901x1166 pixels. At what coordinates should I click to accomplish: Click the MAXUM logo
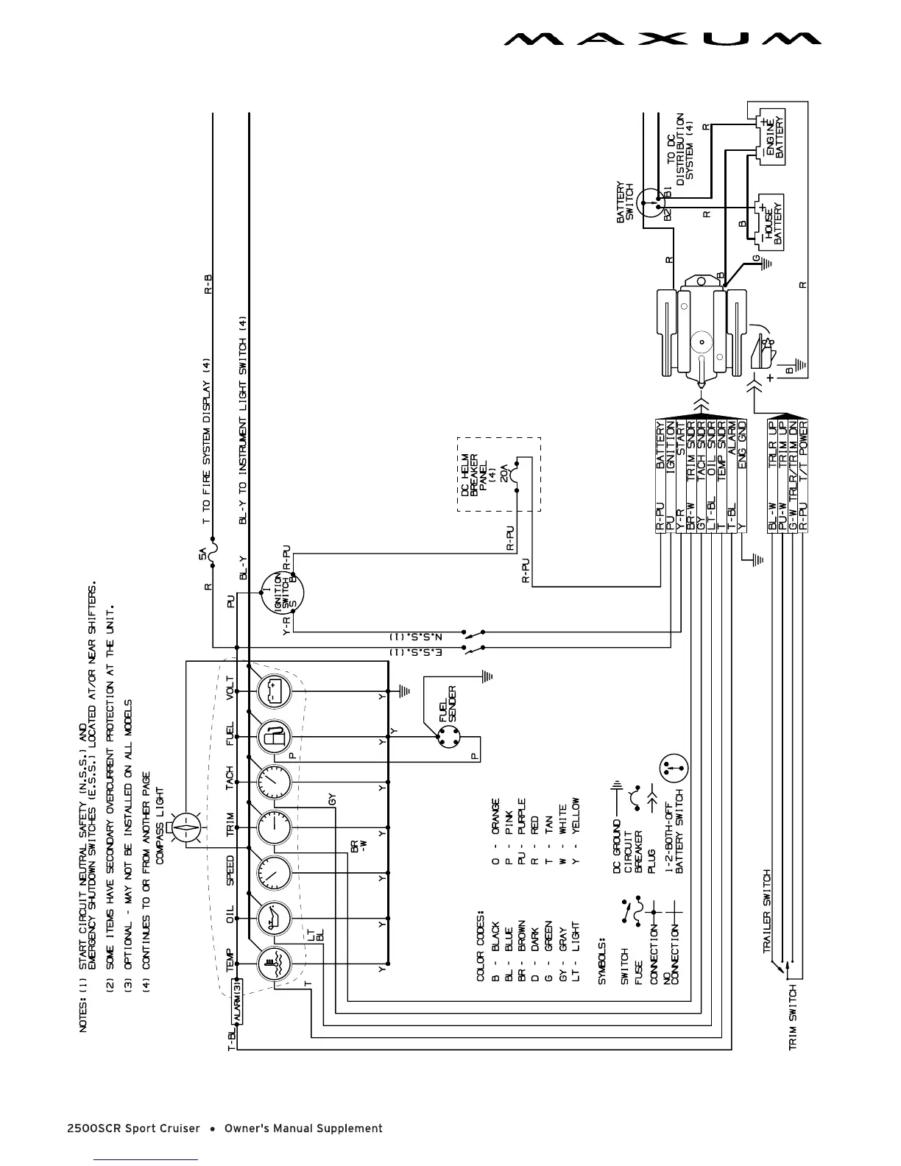coord(662,38)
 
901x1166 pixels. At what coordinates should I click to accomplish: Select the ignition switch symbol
coord(283,593)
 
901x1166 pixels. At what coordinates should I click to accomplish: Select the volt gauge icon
coord(273,692)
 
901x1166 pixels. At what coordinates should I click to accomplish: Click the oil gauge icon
coord(273,920)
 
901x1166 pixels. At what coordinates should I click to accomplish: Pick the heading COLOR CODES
coord(481,946)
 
